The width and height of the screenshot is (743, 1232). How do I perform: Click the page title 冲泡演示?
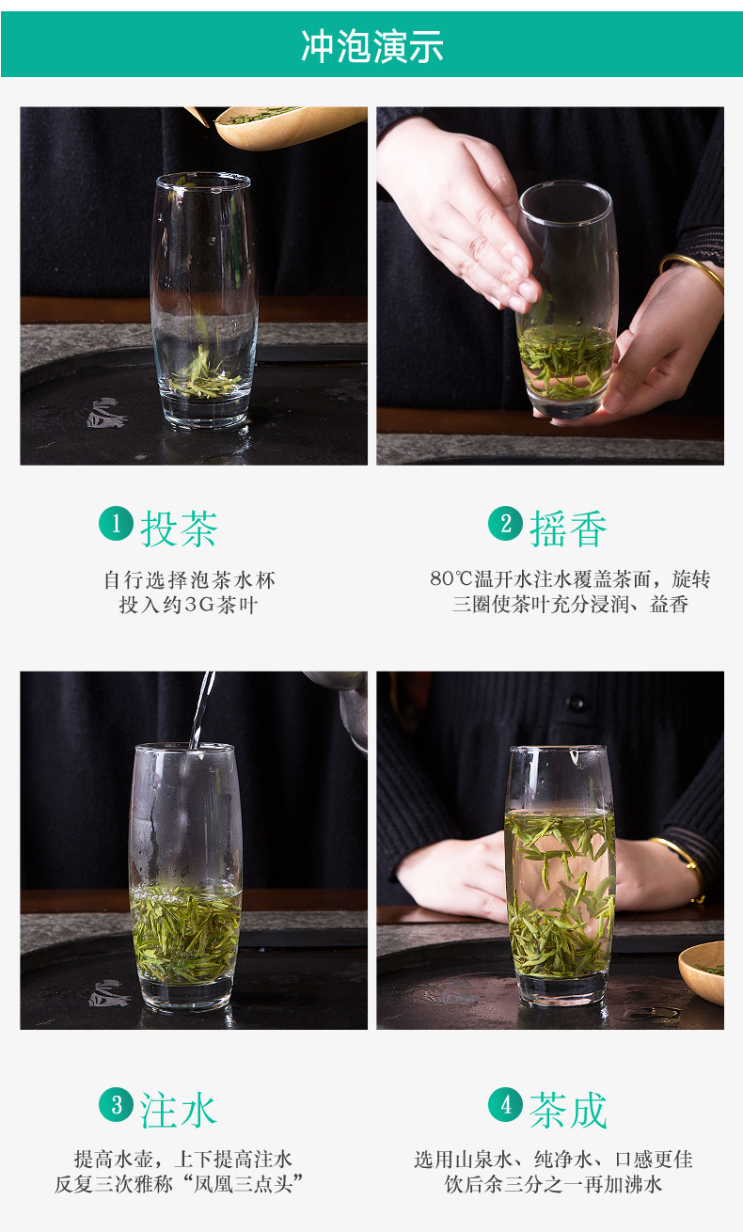pyautogui.click(x=371, y=46)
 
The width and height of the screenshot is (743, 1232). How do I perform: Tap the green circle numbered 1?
pyautogui.click(x=116, y=523)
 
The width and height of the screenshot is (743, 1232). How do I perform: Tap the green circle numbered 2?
pyautogui.click(x=505, y=523)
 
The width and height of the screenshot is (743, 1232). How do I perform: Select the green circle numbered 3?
pyautogui.click(x=116, y=1104)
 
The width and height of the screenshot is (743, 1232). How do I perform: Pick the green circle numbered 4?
pyautogui.click(x=505, y=1104)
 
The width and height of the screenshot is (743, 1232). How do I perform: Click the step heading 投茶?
pyautogui.click(x=179, y=529)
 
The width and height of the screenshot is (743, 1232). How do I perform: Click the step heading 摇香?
pyautogui.click(x=568, y=529)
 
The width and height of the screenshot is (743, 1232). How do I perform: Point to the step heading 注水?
pyautogui.click(x=179, y=1110)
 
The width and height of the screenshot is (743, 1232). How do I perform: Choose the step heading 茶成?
pyautogui.click(x=568, y=1110)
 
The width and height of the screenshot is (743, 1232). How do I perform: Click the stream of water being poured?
pyautogui.click(x=201, y=709)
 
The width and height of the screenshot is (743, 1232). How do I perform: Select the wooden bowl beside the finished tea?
pyautogui.click(x=702, y=972)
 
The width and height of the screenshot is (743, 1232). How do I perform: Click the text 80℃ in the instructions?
pyautogui.click(x=451, y=578)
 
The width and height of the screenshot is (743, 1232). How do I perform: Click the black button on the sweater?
pyautogui.click(x=577, y=703)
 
